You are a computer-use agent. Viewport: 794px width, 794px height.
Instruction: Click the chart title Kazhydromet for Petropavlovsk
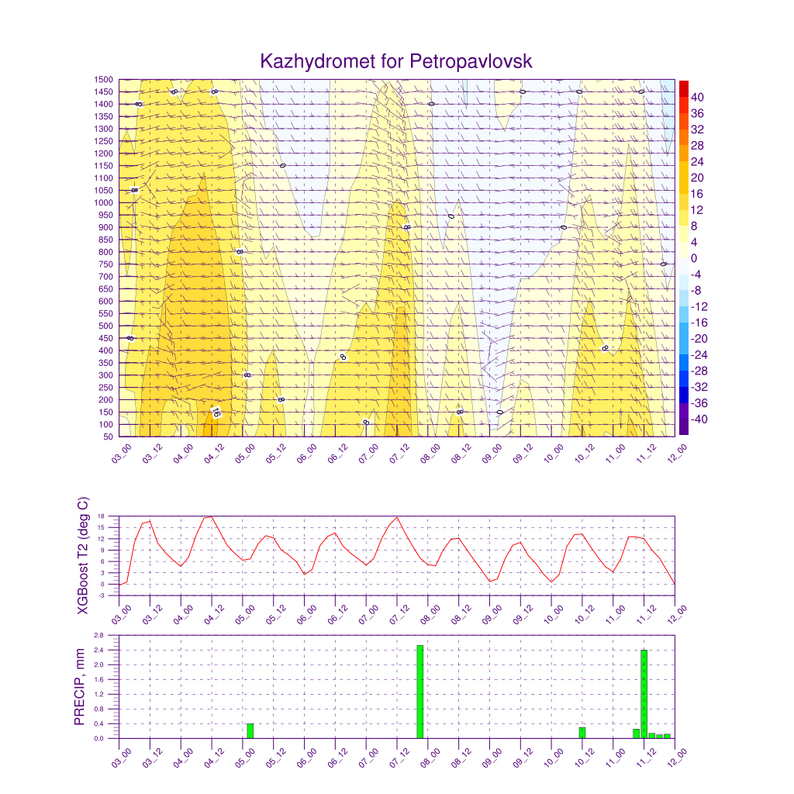point(396,61)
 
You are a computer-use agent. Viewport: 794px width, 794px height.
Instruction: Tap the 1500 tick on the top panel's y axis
point(104,79)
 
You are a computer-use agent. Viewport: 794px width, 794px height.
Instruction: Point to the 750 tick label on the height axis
point(105,264)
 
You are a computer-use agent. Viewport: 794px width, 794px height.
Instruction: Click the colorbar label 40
point(697,97)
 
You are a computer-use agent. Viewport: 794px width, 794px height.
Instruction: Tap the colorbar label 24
point(697,161)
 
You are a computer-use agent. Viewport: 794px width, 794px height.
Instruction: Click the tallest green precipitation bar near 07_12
point(419,692)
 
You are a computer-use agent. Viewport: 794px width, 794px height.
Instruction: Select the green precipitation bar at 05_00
point(250,730)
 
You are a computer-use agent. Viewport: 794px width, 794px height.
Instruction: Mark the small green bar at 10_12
point(582,733)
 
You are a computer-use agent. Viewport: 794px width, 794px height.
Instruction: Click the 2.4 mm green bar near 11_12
point(644,694)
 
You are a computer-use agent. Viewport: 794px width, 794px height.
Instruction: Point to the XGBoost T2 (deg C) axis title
point(82,555)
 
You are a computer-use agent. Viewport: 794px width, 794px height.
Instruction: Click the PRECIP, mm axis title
point(79,687)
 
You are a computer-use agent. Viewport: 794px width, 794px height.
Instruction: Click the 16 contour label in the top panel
point(216,413)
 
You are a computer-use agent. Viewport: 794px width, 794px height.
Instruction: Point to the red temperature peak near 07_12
point(397,517)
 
